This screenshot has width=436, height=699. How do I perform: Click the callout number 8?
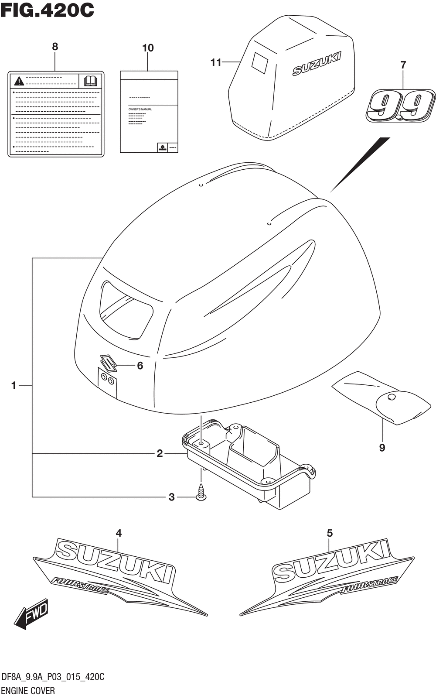(55, 47)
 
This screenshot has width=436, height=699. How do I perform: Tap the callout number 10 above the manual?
(148, 48)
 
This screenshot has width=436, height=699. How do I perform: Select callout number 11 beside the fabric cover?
(216, 63)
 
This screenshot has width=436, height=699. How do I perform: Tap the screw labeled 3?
(201, 492)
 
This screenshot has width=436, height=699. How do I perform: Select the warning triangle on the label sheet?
(19, 81)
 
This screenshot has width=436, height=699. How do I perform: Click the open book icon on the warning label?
(90, 80)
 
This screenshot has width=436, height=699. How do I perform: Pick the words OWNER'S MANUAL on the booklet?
(140, 109)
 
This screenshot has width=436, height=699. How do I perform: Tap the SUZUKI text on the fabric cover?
(316, 64)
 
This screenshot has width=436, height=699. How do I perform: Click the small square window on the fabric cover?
(260, 63)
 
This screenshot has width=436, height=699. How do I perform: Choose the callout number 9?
(382, 447)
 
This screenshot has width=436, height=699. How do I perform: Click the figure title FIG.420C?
(47, 10)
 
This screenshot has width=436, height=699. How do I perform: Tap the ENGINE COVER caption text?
(28, 690)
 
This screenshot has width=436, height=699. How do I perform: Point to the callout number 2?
(160, 453)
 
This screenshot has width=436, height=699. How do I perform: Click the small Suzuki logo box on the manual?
(162, 147)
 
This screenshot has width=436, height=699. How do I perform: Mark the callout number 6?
(140, 365)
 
